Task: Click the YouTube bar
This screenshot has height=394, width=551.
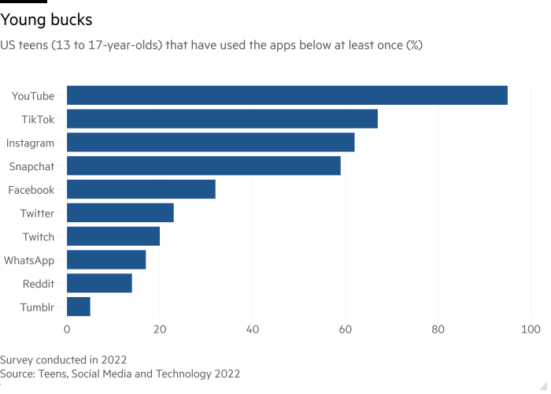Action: click(287, 95)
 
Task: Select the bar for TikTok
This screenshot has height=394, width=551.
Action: click(222, 119)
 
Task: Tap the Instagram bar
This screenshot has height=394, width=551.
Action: click(211, 143)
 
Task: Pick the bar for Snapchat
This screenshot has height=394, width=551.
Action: click(204, 165)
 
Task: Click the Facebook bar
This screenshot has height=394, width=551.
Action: click(141, 189)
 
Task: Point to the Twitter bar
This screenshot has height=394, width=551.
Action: click(120, 213)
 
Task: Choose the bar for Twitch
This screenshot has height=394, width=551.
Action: click(113, 236)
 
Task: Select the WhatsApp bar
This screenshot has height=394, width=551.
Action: click(106, 259)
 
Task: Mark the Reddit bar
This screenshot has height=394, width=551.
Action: click(99, 283)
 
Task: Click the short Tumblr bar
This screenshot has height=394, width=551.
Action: click(79, 307)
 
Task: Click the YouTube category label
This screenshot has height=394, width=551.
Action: click(33, 96)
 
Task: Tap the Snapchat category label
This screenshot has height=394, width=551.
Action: click(31, 166)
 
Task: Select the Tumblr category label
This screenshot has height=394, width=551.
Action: click(36, 307)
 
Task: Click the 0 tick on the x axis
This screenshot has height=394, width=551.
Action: click(67, 329)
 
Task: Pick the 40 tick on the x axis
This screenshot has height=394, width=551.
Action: click(252, 329)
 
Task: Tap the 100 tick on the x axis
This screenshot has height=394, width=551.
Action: click(530, 329)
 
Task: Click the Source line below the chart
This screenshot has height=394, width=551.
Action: click(120, 374)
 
